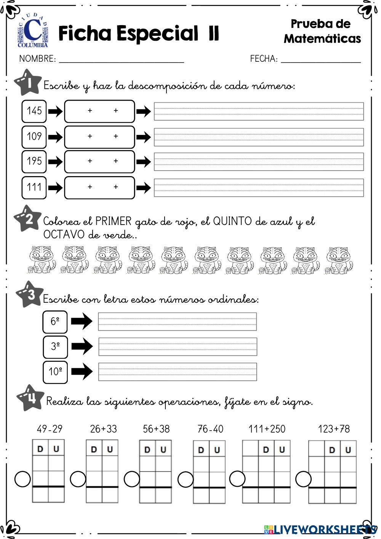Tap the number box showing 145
point(34,111)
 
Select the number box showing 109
point(34,136)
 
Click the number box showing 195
point(34,161)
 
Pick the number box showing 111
point(34,187)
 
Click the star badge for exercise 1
point(27,83)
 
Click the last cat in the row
point(339,260)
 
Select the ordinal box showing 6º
point(55,321)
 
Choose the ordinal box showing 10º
point(55,371)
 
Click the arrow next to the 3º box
point(82,346)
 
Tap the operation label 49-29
point(50,429)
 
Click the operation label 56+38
point(156,429)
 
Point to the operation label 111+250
point(267,429)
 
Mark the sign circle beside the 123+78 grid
point(303,479)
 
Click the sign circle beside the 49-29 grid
point(23,479)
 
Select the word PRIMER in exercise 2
point(113,221)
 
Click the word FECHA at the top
point(263,59)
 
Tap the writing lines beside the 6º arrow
point(177,321)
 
